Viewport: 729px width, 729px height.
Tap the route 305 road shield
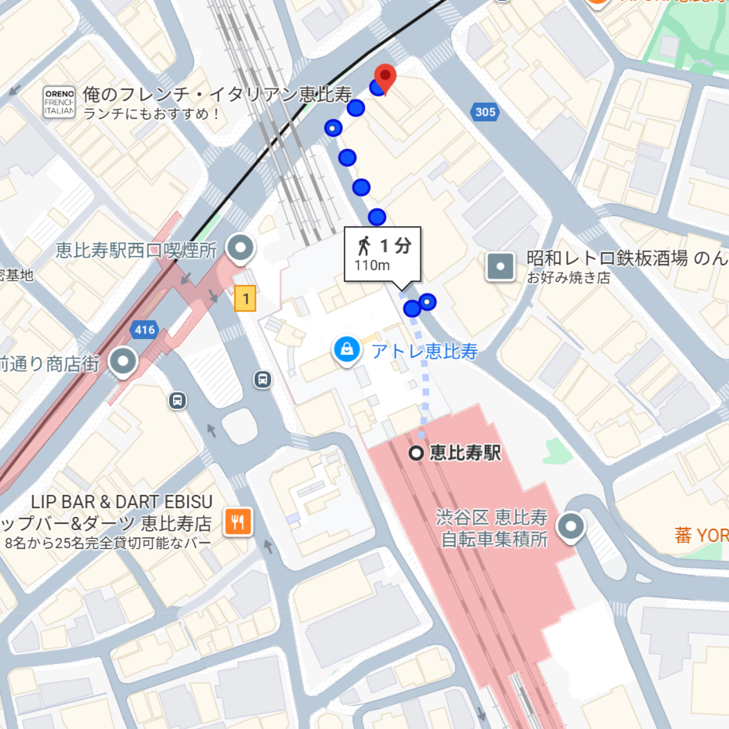point(485,112)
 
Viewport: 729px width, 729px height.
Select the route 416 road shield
point(145,330)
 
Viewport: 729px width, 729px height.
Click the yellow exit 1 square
point(245,298)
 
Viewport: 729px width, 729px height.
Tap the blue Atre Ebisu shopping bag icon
point(346,350)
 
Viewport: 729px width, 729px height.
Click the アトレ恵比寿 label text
point(425,351)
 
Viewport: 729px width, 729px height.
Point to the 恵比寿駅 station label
point(465,453)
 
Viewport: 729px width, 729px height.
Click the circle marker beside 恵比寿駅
point(416,453)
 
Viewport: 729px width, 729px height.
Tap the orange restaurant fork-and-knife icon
point(238,522)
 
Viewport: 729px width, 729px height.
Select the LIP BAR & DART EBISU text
point(121,502)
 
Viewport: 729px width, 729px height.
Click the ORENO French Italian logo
point(59,102)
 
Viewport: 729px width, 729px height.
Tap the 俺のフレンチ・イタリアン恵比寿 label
point(217,94)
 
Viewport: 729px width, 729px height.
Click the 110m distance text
point(372,266)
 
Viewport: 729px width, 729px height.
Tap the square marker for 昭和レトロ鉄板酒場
point(500,266)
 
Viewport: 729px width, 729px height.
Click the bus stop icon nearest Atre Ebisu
point(263,379)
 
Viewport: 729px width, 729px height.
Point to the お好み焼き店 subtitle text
point(568,278)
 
